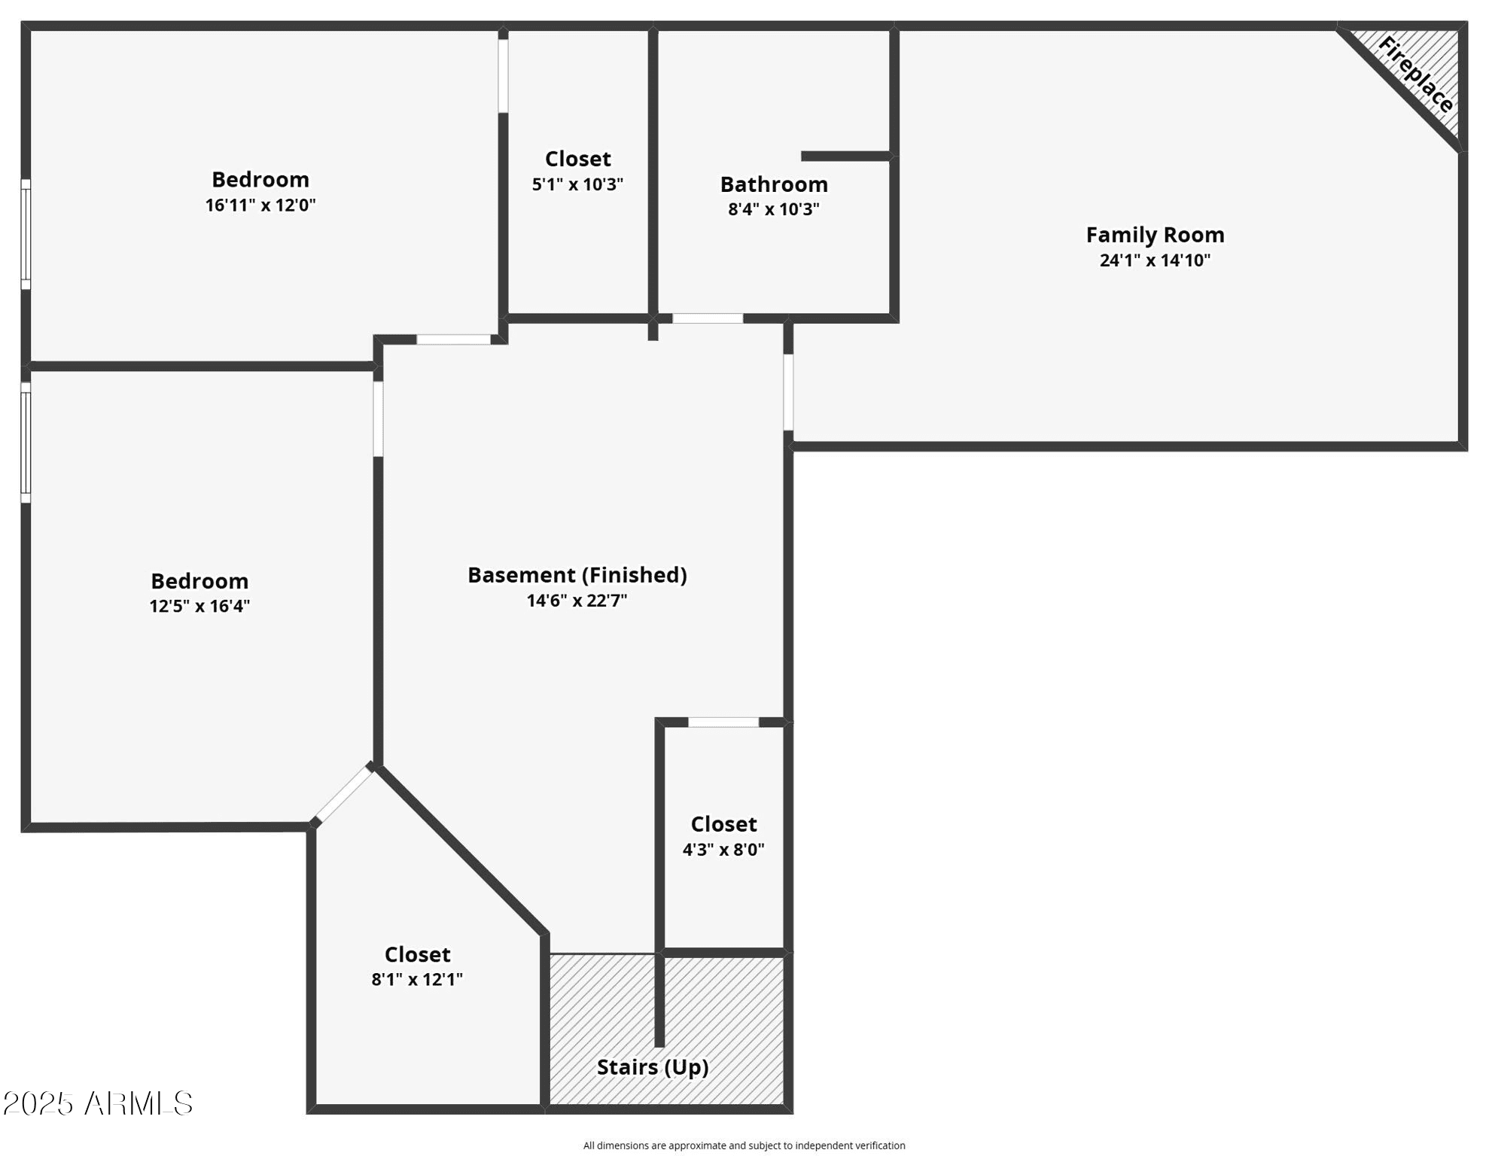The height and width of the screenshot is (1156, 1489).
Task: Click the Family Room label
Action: pos(1155,235)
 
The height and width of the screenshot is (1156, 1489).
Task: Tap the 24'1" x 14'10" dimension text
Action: pos(1155,260)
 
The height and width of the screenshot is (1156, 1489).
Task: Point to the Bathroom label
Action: pos(774,184)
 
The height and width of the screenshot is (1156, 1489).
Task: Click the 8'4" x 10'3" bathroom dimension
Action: pos(774,209)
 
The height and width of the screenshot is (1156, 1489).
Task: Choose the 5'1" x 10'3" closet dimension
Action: pos(577,184)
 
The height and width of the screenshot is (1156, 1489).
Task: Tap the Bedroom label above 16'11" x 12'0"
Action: pos(260,179)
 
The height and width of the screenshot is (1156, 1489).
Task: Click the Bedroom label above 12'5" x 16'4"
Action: pos(199,581)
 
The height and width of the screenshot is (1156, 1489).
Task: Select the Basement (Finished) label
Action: pos(577,575)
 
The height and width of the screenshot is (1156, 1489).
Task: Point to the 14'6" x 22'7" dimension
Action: pos(577,601)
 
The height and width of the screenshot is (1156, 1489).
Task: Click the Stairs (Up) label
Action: pos(653,1067)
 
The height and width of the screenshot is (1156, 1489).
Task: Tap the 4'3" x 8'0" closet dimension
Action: pos(723,850)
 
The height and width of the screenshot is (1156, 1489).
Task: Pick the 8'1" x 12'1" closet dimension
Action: pos(417,980)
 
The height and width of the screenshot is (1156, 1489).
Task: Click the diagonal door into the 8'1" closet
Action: pos(343,795)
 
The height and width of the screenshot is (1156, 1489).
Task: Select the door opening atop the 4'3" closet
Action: pos(723,722)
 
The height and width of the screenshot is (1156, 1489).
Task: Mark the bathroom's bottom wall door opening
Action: pos(708,318)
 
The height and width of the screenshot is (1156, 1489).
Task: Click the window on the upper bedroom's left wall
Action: pos(26,234)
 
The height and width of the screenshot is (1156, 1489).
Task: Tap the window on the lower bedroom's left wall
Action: pos(26,443)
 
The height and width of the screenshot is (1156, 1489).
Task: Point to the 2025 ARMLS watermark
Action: pos(98,1104)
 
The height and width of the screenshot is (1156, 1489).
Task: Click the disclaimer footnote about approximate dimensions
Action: pos(744,1145)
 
